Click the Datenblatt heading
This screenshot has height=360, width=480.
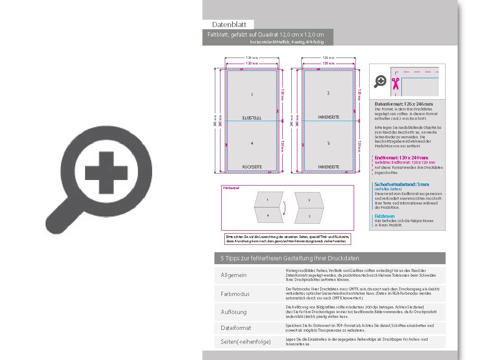click(229, 25)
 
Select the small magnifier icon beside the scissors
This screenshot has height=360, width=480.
click(380, 81)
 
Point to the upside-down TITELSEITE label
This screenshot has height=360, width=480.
click(252, 117)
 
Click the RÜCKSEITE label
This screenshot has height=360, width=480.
click(252, 167)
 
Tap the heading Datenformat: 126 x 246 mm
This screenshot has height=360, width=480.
click(404, 104)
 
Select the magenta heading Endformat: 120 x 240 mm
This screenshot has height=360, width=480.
click(401, 158)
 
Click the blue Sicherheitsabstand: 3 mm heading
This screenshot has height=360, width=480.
click(401, 184)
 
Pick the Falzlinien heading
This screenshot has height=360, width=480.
click(385, 216)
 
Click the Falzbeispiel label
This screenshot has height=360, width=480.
click(231, 188)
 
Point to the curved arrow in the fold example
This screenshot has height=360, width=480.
click(284, 208)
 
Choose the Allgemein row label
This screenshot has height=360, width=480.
click(234, 275)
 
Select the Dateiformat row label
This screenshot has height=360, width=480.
click(236, 328)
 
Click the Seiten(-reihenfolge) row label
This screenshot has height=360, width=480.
click(246, 342)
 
